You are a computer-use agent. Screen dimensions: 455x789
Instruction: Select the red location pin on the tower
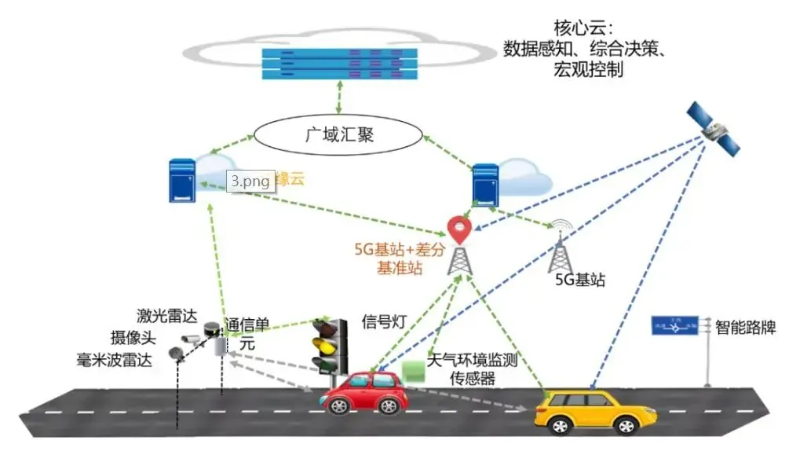point(459,229)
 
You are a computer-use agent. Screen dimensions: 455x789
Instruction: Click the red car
point(365,391)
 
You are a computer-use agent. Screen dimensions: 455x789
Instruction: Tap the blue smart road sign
point(674,325)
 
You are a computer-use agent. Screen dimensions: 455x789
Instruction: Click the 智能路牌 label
point(746,326)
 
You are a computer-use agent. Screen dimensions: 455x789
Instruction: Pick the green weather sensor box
point(412,368)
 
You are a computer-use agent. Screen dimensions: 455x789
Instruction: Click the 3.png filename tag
point(250,181)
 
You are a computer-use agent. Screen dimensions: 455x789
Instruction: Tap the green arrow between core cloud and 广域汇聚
point(338,100)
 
